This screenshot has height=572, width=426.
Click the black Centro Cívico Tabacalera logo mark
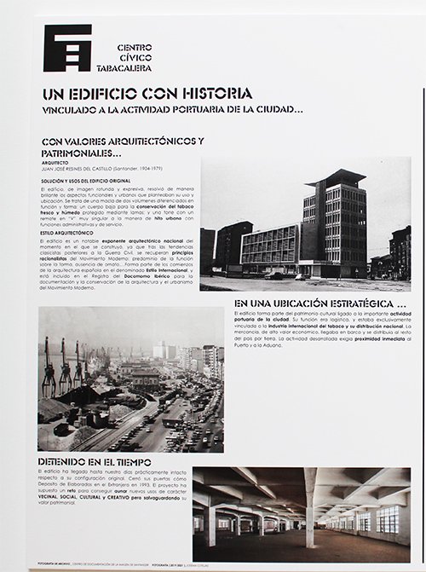point(67,48)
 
